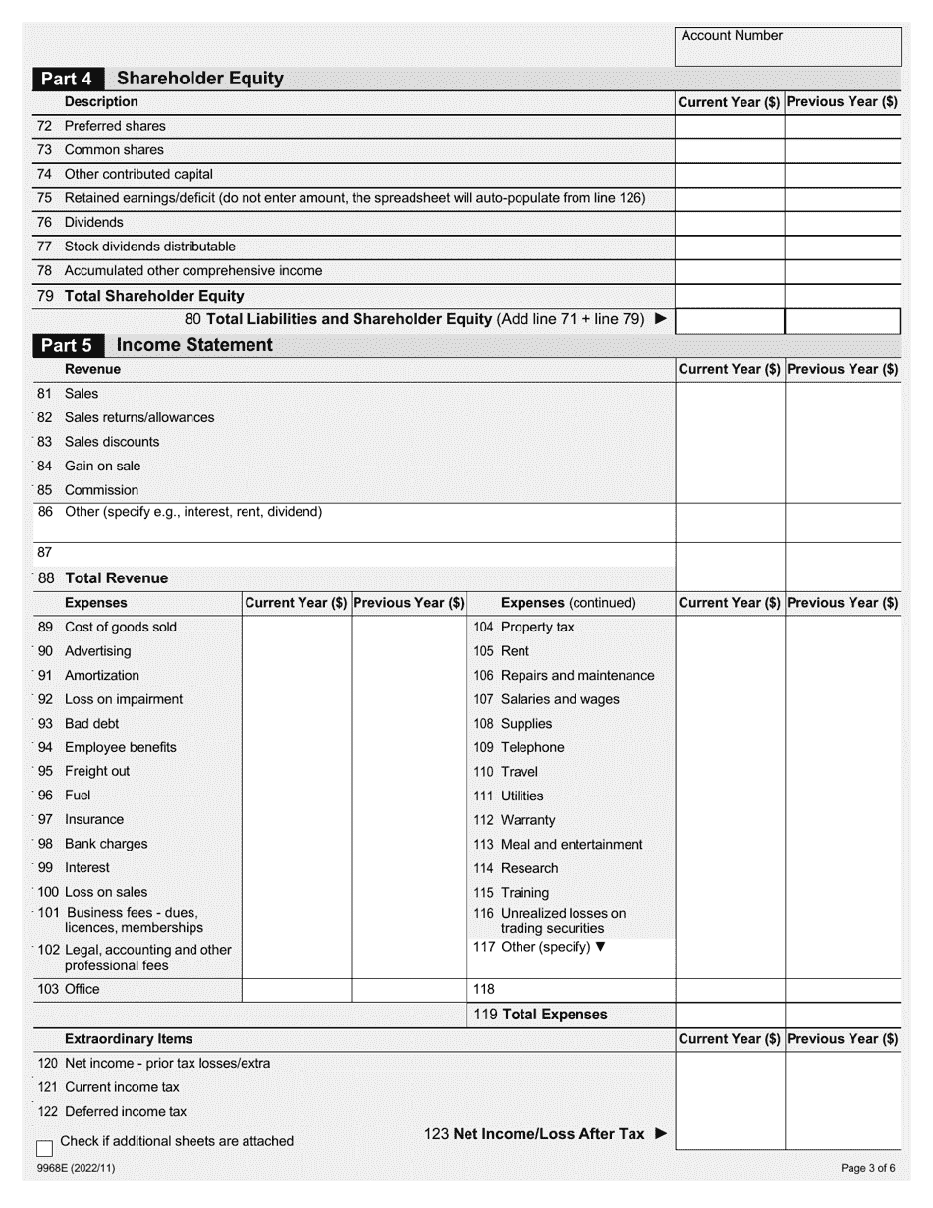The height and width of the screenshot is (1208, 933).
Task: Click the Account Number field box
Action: tap(788, 46)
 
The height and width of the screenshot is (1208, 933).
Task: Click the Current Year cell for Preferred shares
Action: tap(730, 126)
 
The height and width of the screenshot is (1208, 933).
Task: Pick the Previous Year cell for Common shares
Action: tap(843, 150)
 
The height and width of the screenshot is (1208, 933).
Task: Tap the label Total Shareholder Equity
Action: tap(154, 296)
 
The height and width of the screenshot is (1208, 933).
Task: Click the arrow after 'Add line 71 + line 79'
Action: tap(660, 319)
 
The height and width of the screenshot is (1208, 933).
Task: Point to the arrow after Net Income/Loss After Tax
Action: tap(660, 1134)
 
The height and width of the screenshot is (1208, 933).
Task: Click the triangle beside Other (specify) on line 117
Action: tap(601, 947)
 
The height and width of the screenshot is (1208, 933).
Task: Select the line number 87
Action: tap(44, 553)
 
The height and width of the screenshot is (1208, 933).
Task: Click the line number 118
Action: tap(484, 990)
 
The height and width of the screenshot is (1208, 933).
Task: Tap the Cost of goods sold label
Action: tap(121, 627)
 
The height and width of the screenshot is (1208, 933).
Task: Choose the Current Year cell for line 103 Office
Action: tap(297, 990)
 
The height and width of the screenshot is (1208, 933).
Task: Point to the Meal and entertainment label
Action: tap(572, 845)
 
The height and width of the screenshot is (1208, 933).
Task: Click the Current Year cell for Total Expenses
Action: tap(730, 1015)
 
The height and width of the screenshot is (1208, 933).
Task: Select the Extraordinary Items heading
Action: tap(129, 1039)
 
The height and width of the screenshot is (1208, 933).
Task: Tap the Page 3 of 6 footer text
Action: tap(867, 1169)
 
